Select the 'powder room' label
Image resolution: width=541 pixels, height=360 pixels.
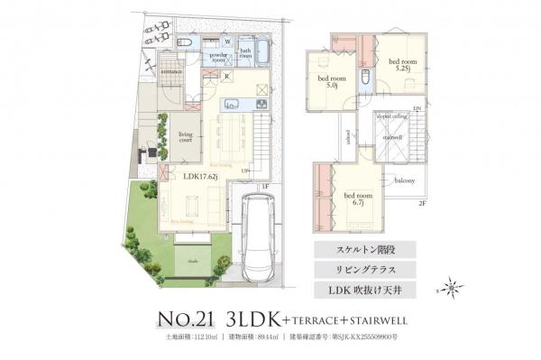click(x=218, y=57)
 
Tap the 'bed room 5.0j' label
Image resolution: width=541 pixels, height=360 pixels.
click(x=326, y=82)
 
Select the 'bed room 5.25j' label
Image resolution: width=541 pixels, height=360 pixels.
click(x=400, y=64)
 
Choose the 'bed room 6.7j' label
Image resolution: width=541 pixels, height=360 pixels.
click(x=358, y=198)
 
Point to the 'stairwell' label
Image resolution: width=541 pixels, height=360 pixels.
click(x=393, y=137)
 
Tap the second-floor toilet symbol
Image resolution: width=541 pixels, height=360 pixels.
click(x=364, y=79)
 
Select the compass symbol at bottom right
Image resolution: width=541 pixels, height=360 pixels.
click(x=453, y=288)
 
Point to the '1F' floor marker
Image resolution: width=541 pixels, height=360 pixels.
click(x=265, y=187)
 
